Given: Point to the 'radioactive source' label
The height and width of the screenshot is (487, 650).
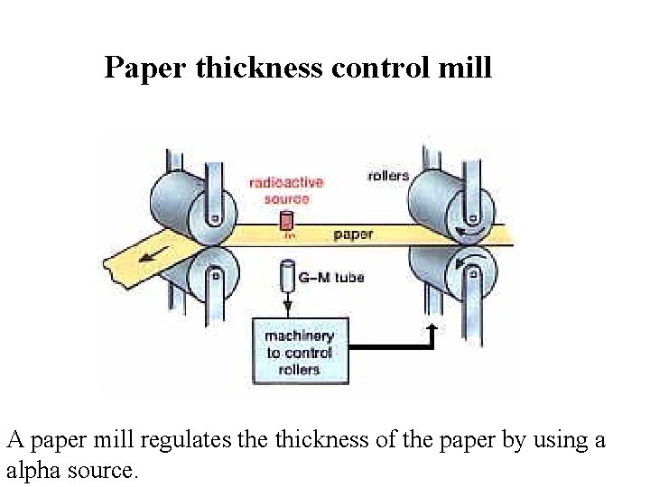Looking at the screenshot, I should (287, 191).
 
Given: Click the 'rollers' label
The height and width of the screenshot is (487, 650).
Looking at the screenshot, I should (388, 176).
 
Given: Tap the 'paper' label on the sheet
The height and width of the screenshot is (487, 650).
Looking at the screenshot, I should (353, 234).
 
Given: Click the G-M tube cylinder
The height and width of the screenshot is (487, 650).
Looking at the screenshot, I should (288, 276).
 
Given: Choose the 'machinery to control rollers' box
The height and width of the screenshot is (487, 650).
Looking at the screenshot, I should (299, 353).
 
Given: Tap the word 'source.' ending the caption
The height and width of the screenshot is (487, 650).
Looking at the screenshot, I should (106, 471).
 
